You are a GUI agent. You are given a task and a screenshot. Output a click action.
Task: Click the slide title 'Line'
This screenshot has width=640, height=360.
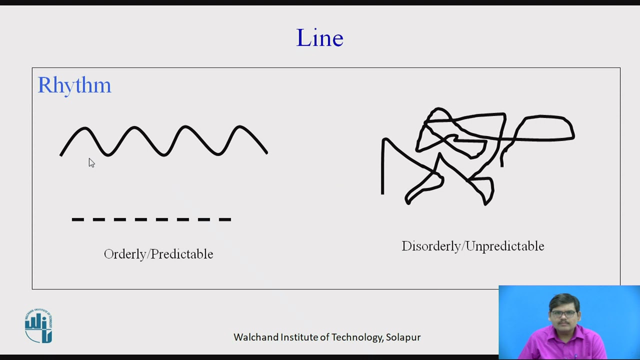point(319,38)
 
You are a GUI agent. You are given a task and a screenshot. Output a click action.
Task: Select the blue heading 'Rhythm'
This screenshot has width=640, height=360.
point(74,85)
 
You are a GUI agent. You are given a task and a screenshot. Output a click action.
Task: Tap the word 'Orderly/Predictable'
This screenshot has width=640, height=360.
point(158,254)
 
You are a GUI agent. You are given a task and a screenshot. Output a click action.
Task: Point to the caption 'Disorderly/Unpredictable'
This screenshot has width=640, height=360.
point(472,246)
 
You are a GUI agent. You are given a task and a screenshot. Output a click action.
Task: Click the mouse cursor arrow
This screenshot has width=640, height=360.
point(91,162)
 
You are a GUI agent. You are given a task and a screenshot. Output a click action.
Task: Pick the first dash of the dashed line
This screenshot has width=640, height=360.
point(77,219)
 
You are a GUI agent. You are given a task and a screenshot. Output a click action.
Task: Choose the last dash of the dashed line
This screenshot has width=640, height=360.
point(224,219)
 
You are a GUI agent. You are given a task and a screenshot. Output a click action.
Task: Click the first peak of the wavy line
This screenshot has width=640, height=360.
point(84,128)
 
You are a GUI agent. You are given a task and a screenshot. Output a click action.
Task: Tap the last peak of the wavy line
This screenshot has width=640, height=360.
point(239,126)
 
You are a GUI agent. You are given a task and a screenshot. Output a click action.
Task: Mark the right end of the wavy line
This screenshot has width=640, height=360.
point(267,152)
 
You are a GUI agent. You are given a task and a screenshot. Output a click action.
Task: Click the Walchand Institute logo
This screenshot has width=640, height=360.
point(38,326)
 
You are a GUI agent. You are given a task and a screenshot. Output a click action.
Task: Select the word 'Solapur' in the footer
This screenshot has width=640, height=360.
point(403,337)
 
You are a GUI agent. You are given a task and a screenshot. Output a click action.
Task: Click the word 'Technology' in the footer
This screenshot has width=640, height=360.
point(357,337)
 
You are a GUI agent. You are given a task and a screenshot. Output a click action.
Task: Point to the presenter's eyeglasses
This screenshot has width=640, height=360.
point(563,314)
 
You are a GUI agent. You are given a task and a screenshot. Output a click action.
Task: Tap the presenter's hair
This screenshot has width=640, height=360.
point(563,300)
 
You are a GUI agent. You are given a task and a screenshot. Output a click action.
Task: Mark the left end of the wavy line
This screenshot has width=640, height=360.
point(60,155)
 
